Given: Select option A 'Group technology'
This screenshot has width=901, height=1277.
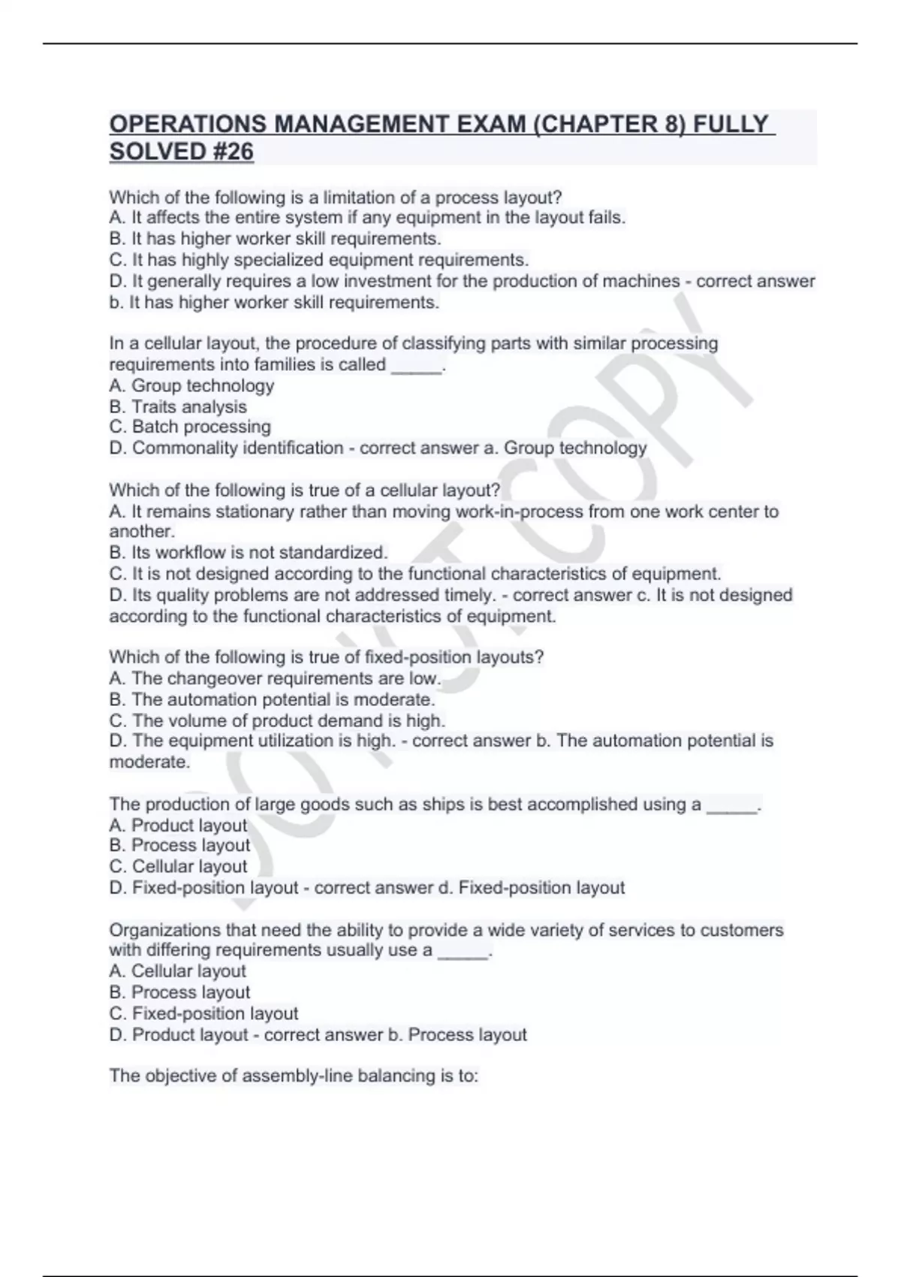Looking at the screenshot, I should tap(191, 386).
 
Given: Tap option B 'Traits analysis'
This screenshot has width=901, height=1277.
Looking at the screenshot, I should tap(178, 407).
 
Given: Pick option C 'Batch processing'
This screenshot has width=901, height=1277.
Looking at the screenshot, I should tap(190, 427).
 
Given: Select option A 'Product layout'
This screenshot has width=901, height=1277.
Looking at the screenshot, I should tap(178, 826).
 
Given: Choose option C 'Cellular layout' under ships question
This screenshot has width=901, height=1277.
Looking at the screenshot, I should tap(178, 867).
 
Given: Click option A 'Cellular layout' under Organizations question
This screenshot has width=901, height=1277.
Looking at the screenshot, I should tap(178, 971).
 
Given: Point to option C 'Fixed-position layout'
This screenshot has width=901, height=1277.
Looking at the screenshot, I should tap(203, 1013).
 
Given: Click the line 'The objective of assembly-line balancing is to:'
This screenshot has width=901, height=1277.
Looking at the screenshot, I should tap(294, 1076).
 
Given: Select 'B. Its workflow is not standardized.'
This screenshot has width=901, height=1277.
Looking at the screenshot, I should tap(249, 553).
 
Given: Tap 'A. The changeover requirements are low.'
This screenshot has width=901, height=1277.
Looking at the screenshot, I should tap(274, 679).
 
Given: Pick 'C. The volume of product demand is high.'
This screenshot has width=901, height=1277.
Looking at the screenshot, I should tap(277, 721).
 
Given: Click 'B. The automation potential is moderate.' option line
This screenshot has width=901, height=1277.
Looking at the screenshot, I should tap(272, 700).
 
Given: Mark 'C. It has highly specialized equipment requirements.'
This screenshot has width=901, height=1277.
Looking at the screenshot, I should tap(319, 260).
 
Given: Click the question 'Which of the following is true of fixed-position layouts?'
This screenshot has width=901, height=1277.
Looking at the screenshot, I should tap(327, 657).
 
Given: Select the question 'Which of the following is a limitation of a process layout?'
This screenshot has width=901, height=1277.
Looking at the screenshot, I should tap(336, 198).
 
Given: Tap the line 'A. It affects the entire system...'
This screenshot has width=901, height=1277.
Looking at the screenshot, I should tap(367, 218).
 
